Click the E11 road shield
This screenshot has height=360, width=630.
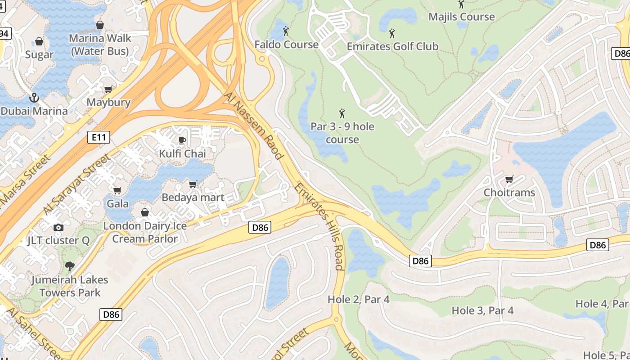(x=99, y=137)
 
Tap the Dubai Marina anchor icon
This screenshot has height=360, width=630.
(x=33, y=97)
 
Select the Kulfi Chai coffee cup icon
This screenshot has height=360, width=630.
(x=182, y=140)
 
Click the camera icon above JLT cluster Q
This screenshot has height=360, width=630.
(x=58, y=227)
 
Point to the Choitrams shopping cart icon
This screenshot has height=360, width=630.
(x=509, y=180)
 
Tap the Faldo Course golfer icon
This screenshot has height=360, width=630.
(x=286, y=31)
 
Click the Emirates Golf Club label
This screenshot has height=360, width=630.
(x=392, y=46)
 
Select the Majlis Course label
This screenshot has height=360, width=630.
(x=461, y=17)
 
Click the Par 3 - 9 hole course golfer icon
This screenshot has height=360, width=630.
(x=342, y=113)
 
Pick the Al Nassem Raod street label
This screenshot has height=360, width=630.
(x=255, y=126)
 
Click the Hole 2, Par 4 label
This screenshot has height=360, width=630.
(x=358, y=299)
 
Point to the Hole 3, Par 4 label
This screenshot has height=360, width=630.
(x=482, y=310)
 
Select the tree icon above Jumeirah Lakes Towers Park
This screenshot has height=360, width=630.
(x=69, y=266)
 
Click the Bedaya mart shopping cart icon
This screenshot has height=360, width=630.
(x=193, y=184)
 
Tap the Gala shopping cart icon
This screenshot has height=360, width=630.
(x=117, y=190)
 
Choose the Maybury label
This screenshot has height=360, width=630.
(x=108, y=102)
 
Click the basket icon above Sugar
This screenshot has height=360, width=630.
(x=39, y=42)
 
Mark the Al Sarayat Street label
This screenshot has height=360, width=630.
(x=77, y=185)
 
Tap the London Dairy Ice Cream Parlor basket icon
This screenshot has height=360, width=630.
(x=145, y=212)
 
